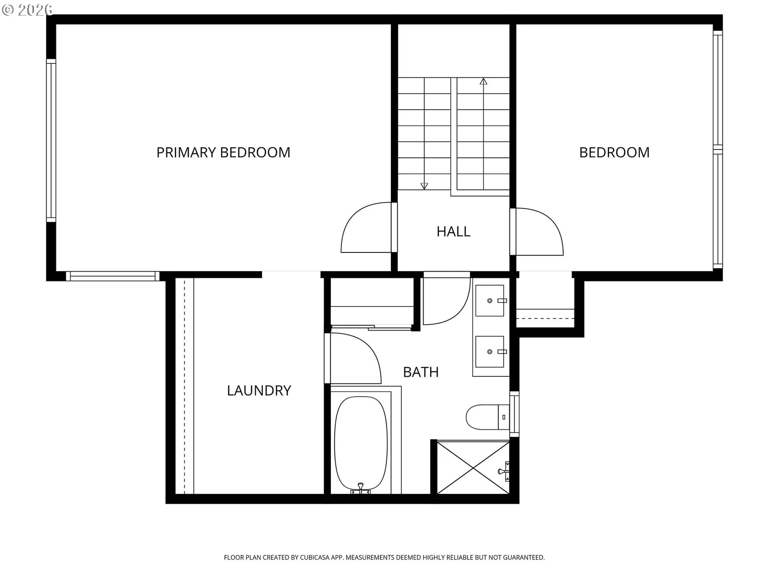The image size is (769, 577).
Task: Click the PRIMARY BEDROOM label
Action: pos(223,153)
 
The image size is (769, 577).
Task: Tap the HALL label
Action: pos(453,232)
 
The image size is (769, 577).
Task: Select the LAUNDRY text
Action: pos(259,391)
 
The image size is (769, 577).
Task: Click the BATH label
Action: pos(421,372)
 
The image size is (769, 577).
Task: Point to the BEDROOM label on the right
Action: pos(614,153)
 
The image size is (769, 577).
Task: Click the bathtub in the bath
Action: pos(361,443)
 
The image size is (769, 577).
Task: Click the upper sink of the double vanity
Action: pos(489,301)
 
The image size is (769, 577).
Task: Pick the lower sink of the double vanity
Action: pos(489,351)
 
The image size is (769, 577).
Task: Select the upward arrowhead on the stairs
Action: pos(483,82)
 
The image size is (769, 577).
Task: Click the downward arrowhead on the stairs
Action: pos(424,186)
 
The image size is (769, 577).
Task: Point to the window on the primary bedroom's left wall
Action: pos(51,140)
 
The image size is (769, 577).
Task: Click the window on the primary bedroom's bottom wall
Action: pos(112,276)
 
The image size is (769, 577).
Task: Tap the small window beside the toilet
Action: pos(514,414)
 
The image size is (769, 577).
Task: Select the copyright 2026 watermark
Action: pos(27,10)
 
